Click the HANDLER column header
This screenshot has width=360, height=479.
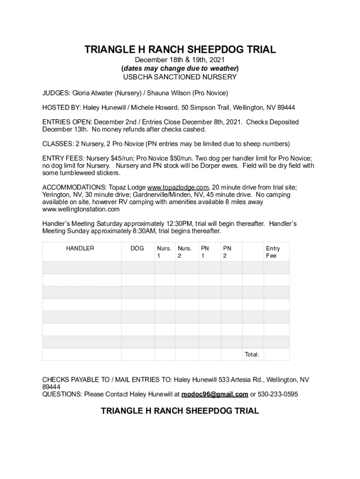pos(79,248)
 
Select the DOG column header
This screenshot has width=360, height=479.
pos(137,248)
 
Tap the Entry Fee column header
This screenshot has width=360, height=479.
pos(273,252)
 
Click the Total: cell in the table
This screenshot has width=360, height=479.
pos(252,355)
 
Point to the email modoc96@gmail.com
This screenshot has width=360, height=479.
pos(215,394)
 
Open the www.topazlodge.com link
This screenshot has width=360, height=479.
pos(178,187)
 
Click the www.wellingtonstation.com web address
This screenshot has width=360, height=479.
pos(81,209)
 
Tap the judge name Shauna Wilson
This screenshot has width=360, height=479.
pos(171,93)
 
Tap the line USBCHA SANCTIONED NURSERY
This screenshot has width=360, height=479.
pos(180,77)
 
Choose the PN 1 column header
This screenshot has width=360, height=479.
pos(205,252)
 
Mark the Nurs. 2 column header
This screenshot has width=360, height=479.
pos(185,252)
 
